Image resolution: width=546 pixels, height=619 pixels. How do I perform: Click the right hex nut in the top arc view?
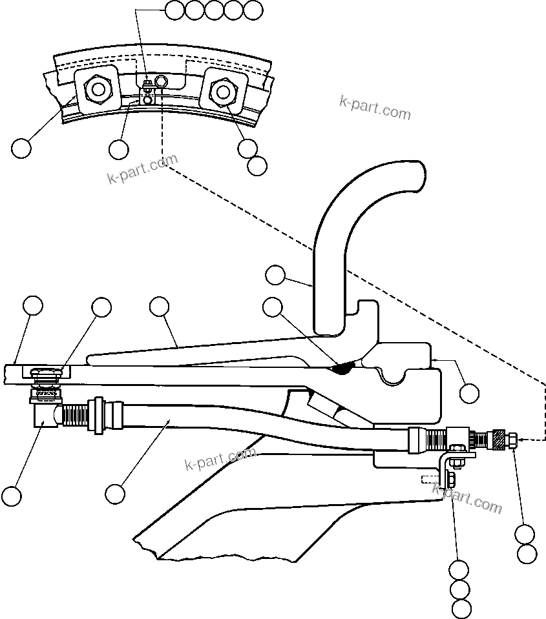[x=222, y=91]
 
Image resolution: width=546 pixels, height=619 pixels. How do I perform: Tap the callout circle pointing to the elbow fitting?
[x=11, y=496]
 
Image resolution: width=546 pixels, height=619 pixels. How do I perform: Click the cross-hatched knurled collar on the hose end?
[x=498, y=440]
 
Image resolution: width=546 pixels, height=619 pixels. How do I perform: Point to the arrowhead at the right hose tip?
[x=522, y=441]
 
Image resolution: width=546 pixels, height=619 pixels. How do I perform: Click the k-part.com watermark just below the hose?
[x=220, y=459]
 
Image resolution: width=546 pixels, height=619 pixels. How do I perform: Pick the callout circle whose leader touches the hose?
[x=115, y=494]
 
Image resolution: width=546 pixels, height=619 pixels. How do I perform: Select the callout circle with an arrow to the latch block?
[x=469, y=392]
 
